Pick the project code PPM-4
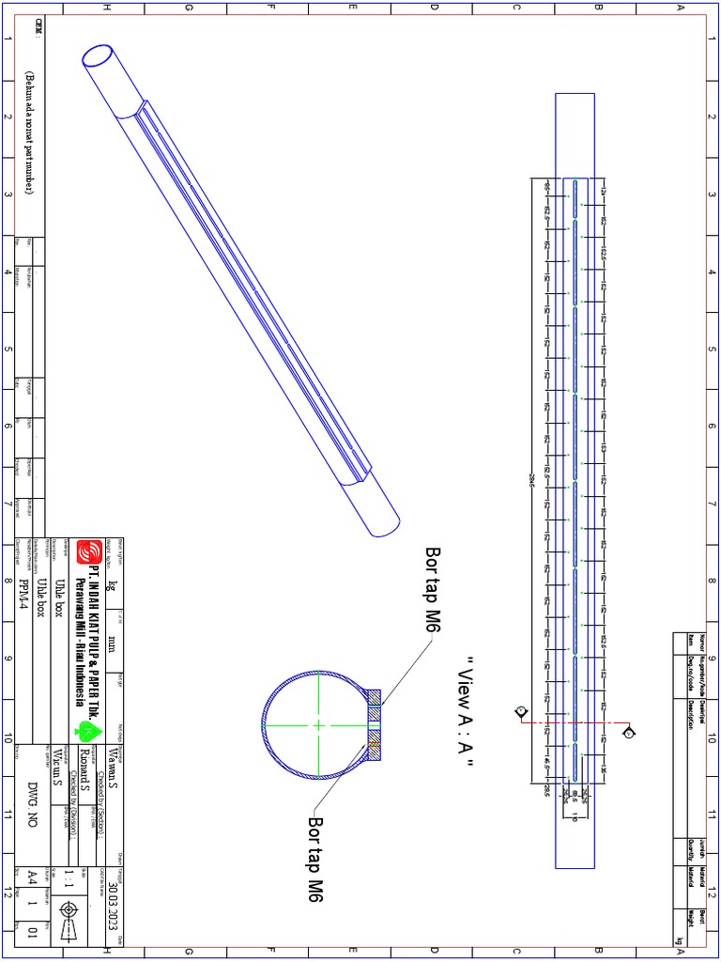click(x=24, y=592)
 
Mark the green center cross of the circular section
click(x=318, y=724)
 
